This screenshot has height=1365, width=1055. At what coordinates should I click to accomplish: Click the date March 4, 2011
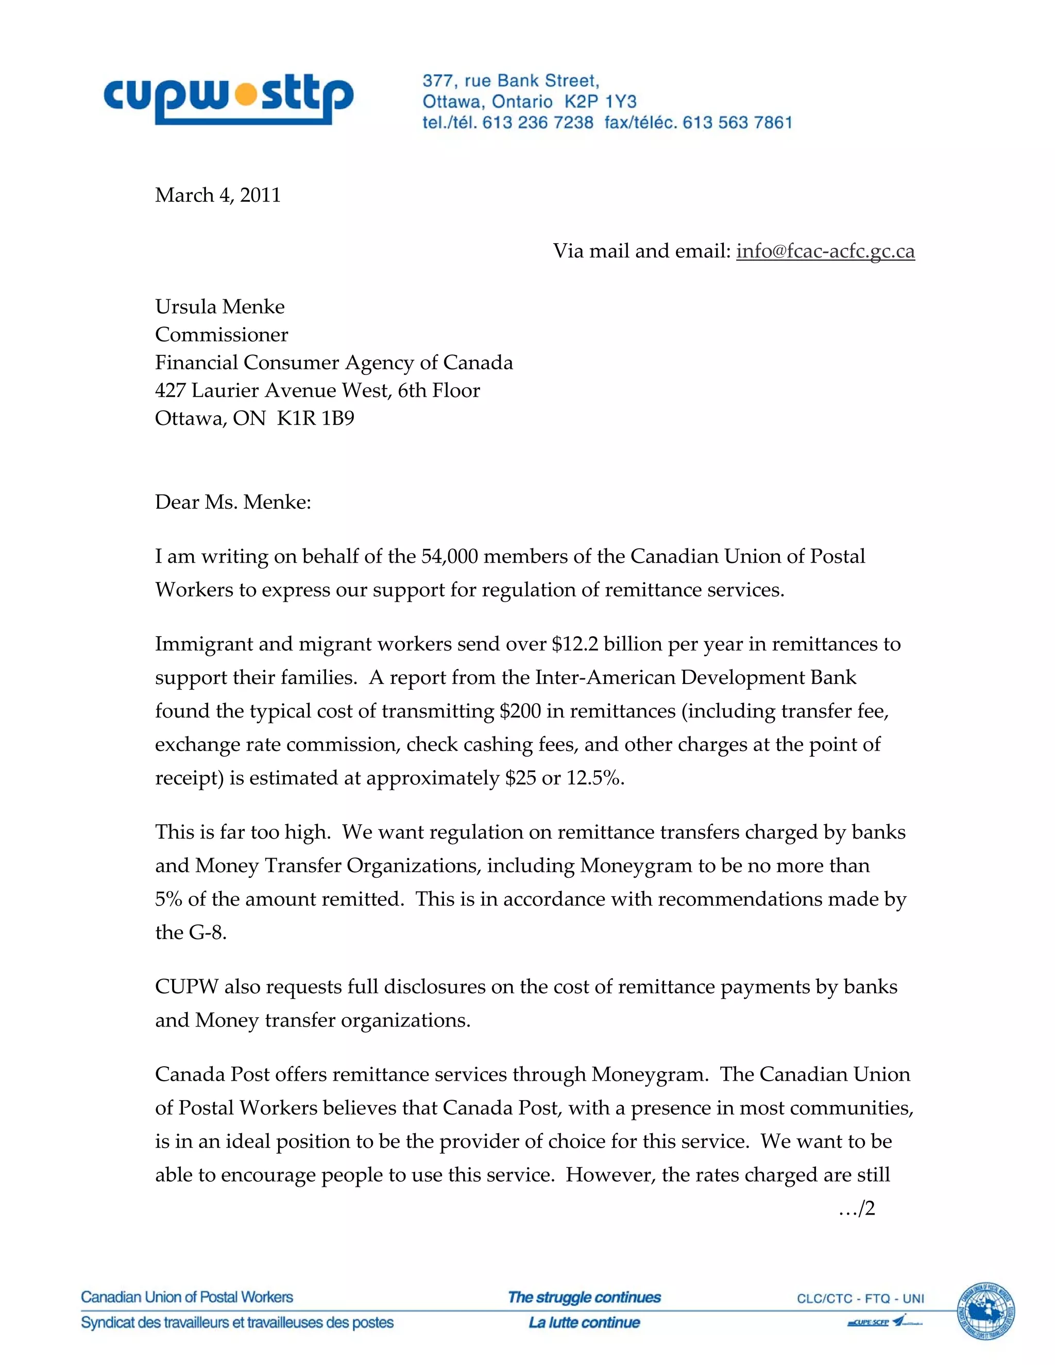point(217,195)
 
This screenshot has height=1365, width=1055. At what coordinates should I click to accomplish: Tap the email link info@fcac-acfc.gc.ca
point(825,251)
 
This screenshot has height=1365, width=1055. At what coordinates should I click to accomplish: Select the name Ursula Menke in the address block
point(219,306)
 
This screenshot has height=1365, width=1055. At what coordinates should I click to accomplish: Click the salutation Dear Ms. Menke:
point(232,502)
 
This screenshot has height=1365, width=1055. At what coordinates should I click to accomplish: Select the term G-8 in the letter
point(208,932)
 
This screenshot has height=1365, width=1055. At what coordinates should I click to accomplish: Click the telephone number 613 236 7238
point(537,123)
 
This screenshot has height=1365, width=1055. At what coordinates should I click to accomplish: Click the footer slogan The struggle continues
point(584,1298)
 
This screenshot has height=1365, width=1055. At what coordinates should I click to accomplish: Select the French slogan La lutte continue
point(584,1322)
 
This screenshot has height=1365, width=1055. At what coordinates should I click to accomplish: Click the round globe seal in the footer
point(986,1311)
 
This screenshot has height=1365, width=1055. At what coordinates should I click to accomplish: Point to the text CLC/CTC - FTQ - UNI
point(860,1299)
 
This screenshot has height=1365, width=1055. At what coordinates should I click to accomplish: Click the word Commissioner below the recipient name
point(221,334)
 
